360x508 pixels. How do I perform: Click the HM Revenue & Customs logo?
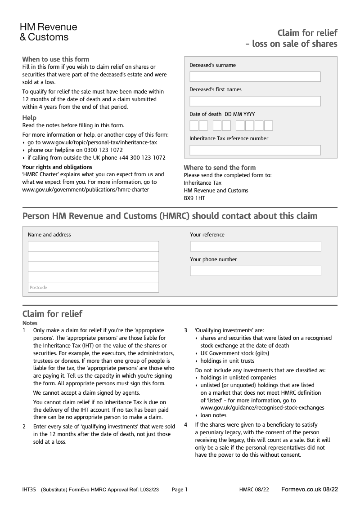click(x=48, y=32)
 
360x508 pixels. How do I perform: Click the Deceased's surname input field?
click(x=255, y=77)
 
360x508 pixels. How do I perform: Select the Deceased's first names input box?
click(x=255, y=101)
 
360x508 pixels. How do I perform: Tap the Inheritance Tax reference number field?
click(x=255, y=150)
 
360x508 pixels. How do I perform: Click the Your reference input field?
click(x=256, y=246)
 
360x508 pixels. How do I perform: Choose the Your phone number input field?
click(x=256, y=271)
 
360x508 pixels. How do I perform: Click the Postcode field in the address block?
click(x=93, y=287)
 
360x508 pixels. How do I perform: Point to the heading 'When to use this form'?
click(x=56, y=59)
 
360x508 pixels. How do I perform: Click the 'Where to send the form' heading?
click(x=220, y=168)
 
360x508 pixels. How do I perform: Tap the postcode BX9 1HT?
click(x=194, y=198)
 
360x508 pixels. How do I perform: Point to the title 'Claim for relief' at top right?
click(x=307, y=33)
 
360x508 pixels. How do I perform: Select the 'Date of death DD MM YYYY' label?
click(x=222, y=114)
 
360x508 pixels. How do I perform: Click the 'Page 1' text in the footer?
click(x=180, y=490)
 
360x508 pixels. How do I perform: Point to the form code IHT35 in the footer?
click(x=29, y=490)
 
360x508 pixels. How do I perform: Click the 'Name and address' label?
click(x=49, y=235)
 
